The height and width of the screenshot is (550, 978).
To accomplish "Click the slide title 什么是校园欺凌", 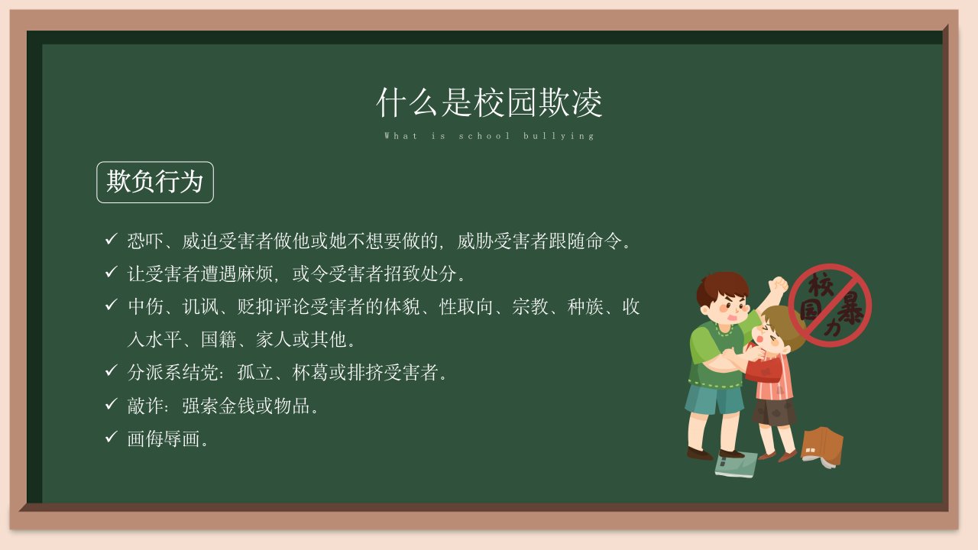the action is tap(489, 102).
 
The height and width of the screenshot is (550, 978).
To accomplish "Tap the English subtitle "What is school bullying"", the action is tap(489, 136).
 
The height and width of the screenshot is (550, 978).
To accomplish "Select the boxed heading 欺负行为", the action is tap(155, 182).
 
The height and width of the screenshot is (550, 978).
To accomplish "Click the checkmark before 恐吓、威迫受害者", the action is tap(112, 239).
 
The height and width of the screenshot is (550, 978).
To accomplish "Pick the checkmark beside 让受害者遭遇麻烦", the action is tap(112, 272).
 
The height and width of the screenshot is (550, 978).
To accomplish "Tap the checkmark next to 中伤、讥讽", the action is tap(112, 305).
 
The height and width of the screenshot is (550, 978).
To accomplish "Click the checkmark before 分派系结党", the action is tap(112, 370).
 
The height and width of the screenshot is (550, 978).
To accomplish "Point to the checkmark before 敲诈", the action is tap(112, 404).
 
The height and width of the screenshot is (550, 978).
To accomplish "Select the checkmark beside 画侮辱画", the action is tap(112, 436).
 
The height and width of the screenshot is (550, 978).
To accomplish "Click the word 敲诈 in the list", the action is tap(145, 406).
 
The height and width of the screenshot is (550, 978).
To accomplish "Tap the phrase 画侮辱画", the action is tap(164, 438).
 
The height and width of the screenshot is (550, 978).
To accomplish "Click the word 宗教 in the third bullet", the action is tap(530, 306).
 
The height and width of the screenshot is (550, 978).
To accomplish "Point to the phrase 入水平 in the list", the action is tap(154, 340).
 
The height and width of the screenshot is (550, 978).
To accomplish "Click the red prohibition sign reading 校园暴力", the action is tap(830, 305).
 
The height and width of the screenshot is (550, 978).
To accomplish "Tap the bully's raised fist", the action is tap(778, 285).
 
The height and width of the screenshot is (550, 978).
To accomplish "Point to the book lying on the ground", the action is tap(736, 465).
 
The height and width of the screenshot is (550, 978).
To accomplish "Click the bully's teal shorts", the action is tap(714, 399).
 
